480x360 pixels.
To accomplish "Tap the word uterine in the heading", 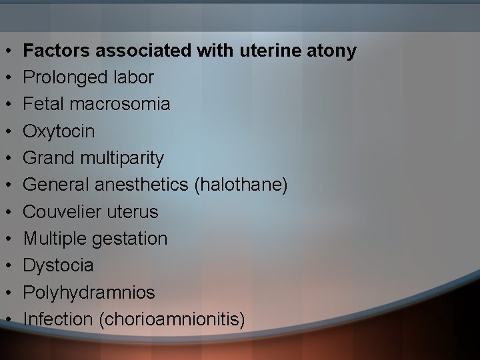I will [x=275, y=51].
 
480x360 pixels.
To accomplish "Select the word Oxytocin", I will [x=59, y=131].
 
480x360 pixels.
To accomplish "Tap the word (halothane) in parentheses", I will [x=241, y=185].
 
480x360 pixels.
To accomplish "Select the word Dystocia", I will [x=59, y=265].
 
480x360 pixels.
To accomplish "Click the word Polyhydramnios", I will [x=89, y=293].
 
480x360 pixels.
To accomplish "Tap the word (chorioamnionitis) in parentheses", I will [x=171, y=319].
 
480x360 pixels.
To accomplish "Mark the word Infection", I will [x=58, y=319].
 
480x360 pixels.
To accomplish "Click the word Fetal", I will [x=42, y=105].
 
